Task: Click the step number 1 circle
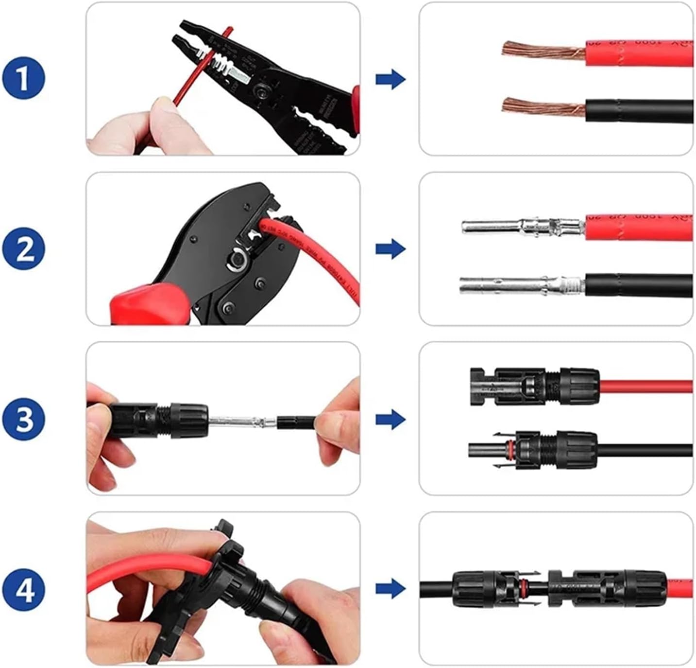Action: pos(23,78)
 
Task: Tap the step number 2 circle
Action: pos(23,249)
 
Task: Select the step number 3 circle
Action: pos(23,419)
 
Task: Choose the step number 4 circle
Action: pos(23,589)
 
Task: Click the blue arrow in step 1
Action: pos(390,79)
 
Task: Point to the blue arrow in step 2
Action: pos(390,249)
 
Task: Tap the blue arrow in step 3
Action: pos(390,419)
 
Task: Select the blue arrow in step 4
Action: pos(390,589)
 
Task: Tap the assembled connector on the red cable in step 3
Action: pos(534,387)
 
